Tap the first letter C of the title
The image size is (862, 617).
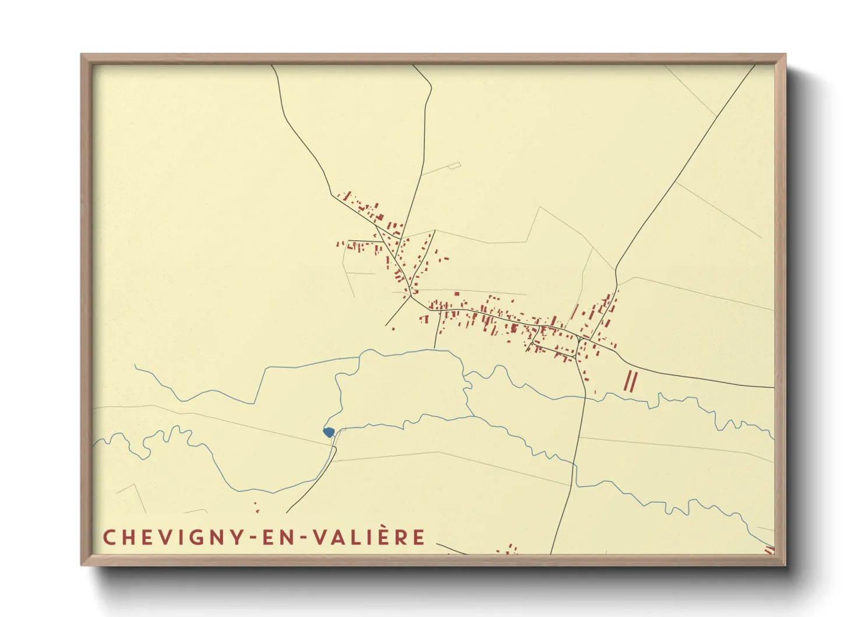(x=109, y=538)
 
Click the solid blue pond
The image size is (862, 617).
(x=328, y=432)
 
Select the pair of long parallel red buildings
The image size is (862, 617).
(x=631, y=381)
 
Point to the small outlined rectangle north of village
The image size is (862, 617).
(x=454, y=166)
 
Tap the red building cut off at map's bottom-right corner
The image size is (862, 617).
(x=769, y=549)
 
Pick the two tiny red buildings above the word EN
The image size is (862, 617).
(x=256, y=507)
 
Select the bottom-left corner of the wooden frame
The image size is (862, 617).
(x=82, y=564)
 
